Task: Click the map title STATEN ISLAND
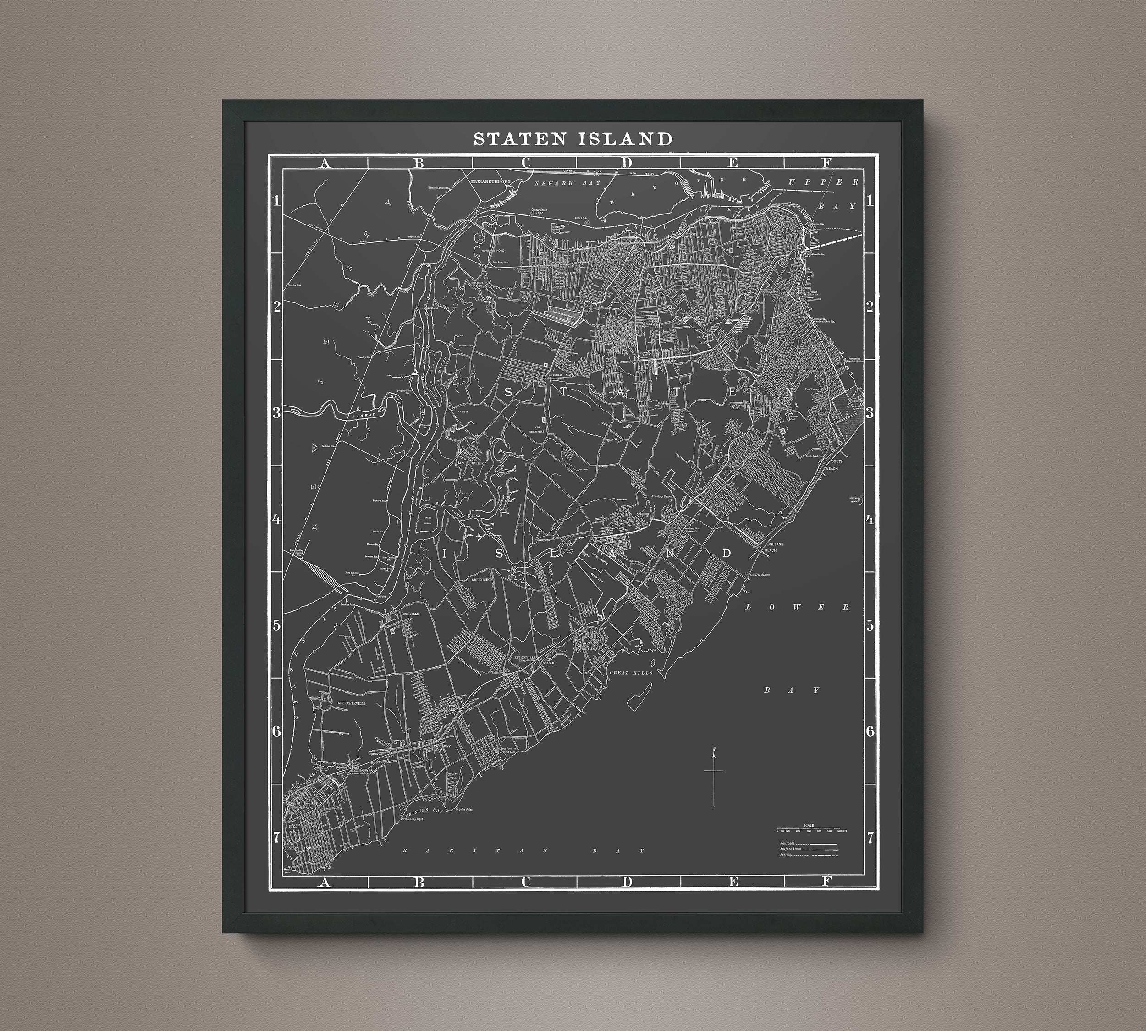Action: tap(573, 139)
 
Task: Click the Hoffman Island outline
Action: tap(854, 499)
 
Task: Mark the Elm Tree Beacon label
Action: tap(766, 574)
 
